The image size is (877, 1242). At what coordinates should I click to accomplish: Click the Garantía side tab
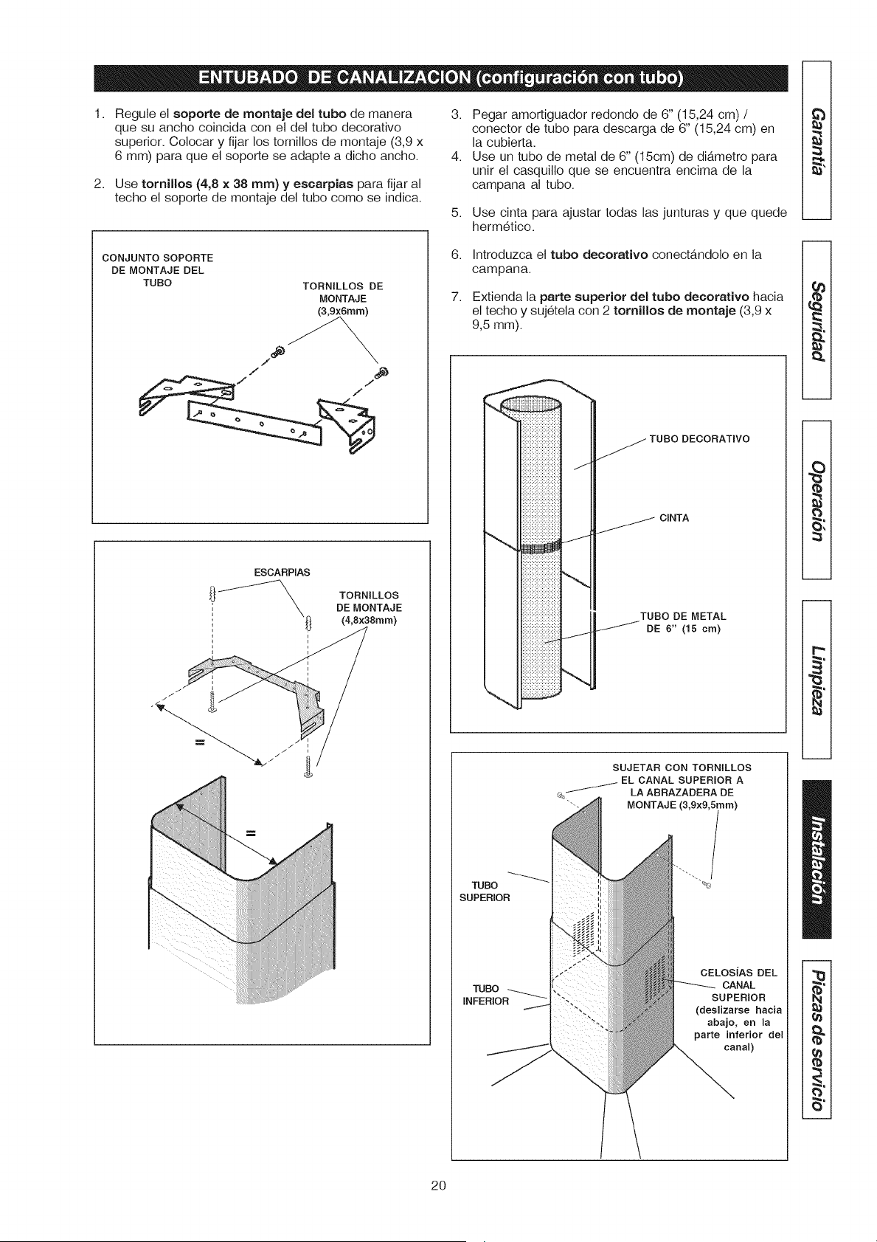click(816, 140)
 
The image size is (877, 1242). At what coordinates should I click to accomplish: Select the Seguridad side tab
click(816, 320)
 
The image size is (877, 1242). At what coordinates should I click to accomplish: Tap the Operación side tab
click(816, 500)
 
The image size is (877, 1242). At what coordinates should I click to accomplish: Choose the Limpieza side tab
click(816, 679)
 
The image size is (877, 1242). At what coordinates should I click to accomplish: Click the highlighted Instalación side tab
click(816, 859)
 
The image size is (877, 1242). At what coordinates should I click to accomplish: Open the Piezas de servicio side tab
click(816, 1038)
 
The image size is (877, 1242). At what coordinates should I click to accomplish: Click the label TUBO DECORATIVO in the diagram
click(699, 439)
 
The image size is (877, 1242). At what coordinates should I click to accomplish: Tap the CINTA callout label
click(674, 518)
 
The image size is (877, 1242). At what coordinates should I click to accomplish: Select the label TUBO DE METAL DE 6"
click(683, 622)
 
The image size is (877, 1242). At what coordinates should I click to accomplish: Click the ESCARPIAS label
click(282, 572)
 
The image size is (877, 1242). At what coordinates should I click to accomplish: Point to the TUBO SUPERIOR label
click(485, 891)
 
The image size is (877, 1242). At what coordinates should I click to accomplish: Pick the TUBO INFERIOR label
click(485, 995)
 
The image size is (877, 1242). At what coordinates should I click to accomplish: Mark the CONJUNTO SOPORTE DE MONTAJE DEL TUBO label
click(158, 271)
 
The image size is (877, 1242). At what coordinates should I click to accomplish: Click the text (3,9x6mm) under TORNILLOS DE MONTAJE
click(343, 311)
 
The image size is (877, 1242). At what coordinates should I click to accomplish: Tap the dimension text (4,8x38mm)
click(369, 620)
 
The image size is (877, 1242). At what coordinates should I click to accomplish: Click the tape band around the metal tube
click(540, 547)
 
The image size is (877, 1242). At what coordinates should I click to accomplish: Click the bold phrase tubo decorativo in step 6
click(599, 255)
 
